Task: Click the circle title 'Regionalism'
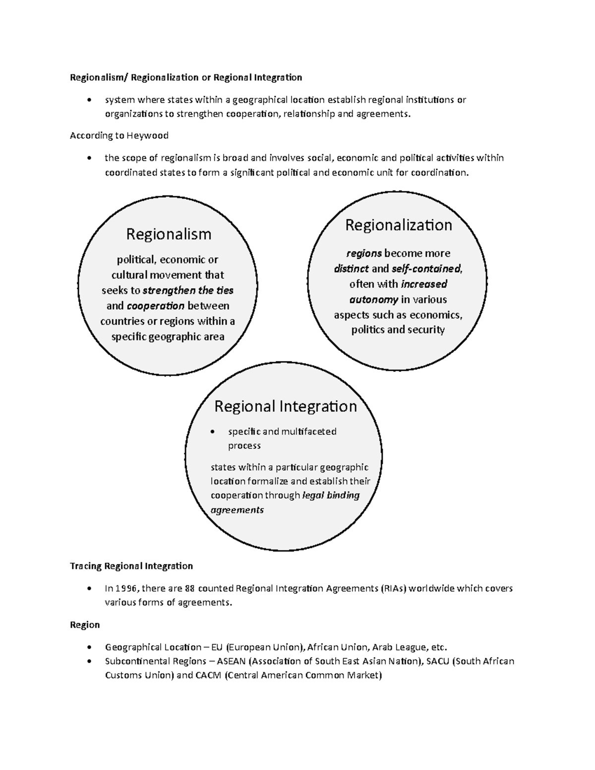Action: pos(169,234)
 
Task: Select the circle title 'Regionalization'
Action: pos(399,225)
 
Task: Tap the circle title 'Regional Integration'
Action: pos(285,406)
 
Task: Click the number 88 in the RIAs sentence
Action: pos(189,589)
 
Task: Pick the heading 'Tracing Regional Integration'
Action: pos(131,566)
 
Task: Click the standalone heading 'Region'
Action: pos(85,625)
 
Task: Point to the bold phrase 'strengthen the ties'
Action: pos(188,290)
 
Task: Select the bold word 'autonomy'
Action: pos(373,299)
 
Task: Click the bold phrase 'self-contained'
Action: pos(426,269)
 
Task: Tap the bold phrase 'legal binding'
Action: pos(331,495)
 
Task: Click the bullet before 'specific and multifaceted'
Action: pos(213,432)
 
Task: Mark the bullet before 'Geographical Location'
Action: pos(89,648)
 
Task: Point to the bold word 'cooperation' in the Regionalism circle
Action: pos(156,305)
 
